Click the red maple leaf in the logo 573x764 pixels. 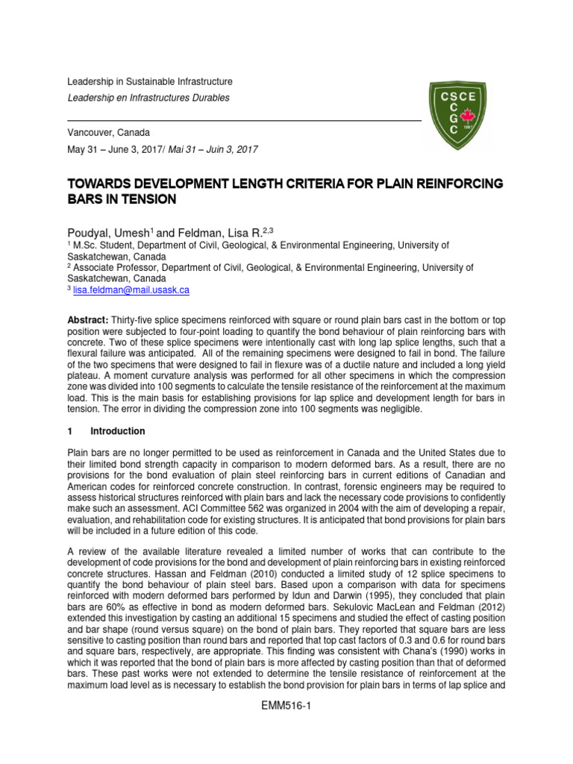pos(469,116)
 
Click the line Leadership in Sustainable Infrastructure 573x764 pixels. pos(150,81)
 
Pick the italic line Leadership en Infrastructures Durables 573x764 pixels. pos(149,98)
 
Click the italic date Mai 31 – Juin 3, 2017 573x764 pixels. pos(213,149)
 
